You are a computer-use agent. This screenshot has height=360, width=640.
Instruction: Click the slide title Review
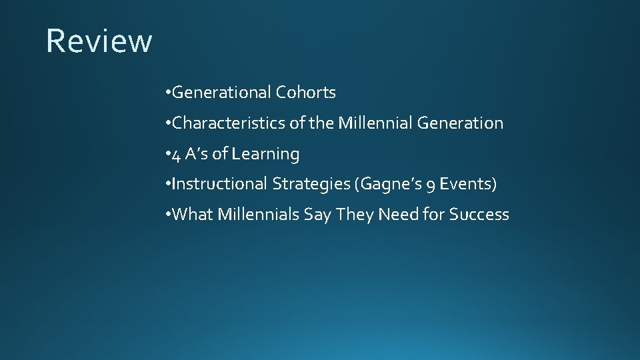(99, 41)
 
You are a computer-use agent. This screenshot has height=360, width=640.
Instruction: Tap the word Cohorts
(306, 93)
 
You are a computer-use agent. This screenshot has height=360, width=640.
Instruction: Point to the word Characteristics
(221, 123)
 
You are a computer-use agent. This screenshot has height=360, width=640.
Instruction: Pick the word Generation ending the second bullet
(460, 123)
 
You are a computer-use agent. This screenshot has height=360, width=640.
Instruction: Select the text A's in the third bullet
(197, 154)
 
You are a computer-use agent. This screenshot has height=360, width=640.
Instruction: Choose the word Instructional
(220, 184)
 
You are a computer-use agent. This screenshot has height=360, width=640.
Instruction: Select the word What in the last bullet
(191, 215)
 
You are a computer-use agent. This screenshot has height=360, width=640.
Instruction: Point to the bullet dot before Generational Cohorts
(167, 93)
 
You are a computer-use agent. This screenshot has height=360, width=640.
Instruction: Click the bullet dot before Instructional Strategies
(167, 185)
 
